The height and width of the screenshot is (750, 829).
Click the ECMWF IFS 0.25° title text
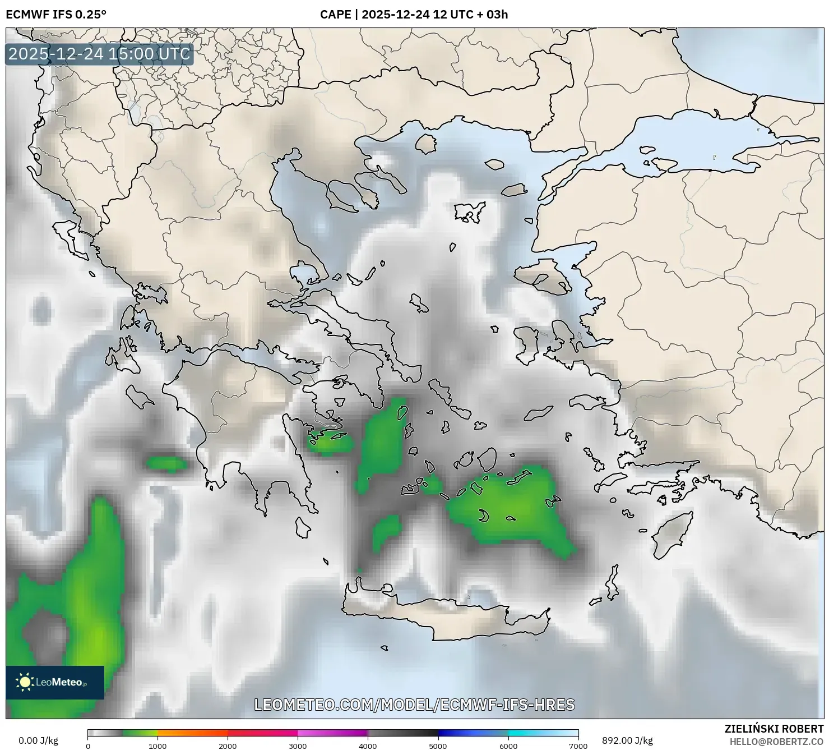coord(55,15)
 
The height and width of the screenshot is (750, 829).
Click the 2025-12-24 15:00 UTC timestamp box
coord(99,54)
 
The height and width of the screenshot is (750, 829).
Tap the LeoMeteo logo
coord(54,682)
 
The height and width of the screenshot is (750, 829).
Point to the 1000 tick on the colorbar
coord(158,746)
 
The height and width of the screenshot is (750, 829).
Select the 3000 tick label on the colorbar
coord(298,746)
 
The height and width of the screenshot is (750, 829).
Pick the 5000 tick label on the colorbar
coord(438,746)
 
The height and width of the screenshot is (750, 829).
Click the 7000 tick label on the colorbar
coord(578,746)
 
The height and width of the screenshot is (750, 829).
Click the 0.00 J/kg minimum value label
coord(38,740)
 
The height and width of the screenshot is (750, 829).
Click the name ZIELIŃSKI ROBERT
coord(774,729)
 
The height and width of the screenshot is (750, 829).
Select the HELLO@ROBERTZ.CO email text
coord(776,742)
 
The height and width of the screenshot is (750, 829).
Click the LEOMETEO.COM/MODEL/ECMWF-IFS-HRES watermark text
coord(414,705)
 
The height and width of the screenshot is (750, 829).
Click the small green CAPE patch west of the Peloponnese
coord(166,464)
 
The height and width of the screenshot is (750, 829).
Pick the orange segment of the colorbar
coord(192,733)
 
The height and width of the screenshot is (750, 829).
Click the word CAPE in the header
coord(335,15)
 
